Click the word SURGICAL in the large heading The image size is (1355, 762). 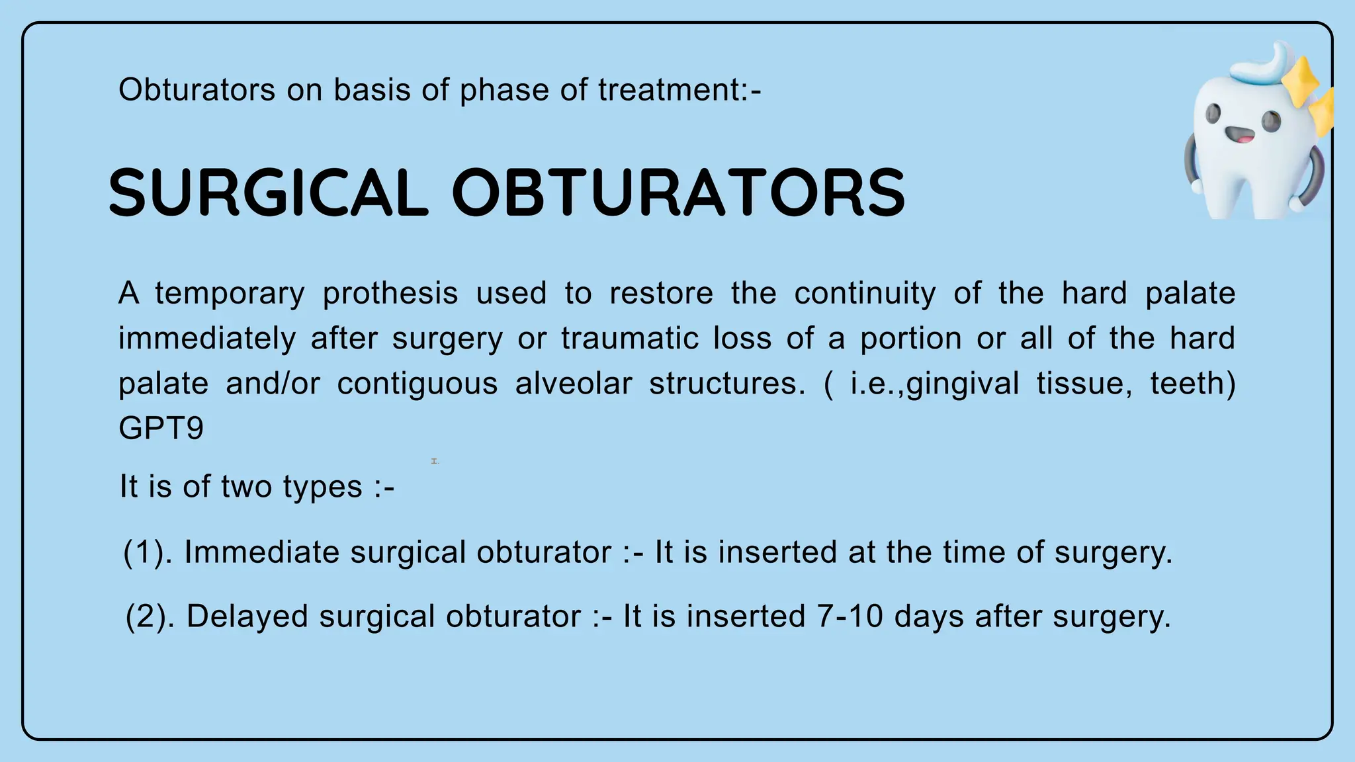pyautogui.click(x=268, y=192)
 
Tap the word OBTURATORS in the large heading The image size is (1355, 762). pyautogui.click(x=678, y=192)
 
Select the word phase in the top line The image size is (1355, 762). pyautogui.click(x=503, y=90)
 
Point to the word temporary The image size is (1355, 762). pyautogui.click(x=230, y=294)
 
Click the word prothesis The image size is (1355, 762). pyautogui.click(x=390, y=294)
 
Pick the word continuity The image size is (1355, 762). pyautogui.click(x=865, y=294)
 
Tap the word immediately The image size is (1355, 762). pyautogui.click(x=206, y=339)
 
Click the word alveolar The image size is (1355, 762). pyautogui.click(x=574, y=384)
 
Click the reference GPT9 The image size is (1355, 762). pyautogui.click(x=161, y=429)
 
